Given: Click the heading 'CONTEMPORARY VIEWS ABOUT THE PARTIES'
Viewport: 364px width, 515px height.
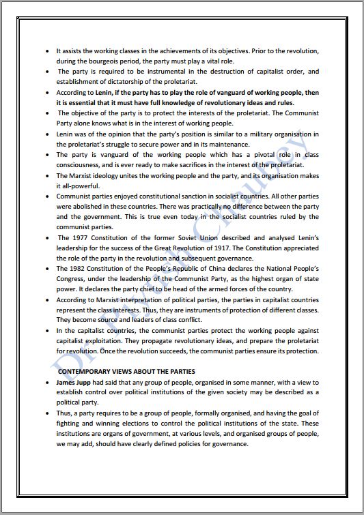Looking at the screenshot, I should (126, 371).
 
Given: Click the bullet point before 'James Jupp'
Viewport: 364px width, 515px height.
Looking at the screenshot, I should (46, 383).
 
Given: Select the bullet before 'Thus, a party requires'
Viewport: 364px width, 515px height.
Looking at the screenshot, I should (46, 413).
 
